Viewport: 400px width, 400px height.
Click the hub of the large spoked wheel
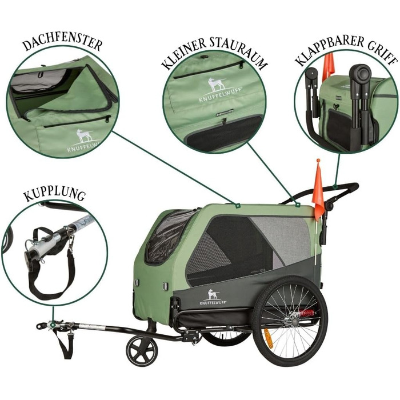pyautogui.click(x=291, y=321)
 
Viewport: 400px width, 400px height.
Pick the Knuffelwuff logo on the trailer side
pyautogui.click(x=213, y=297)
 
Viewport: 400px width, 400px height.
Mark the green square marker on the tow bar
pyautogui.click(x=53, y=325)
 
